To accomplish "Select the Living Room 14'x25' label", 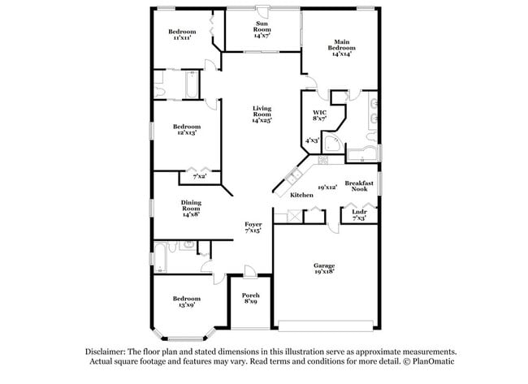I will coord(262,114).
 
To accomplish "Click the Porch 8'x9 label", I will coord(251,296).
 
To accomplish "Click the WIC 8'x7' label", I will coord(319,115).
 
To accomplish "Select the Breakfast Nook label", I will coord(359,186).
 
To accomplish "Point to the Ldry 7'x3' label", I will coord(358,214).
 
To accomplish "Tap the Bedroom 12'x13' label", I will coord(186,130).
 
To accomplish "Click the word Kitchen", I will coord(301,196).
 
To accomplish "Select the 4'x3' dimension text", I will coord(311,140).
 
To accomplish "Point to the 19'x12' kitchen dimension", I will coord(327,187).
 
